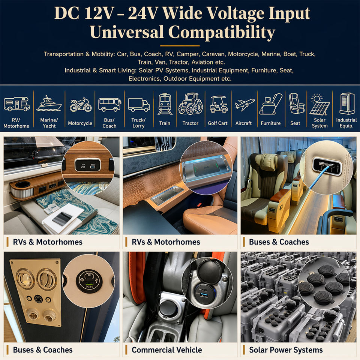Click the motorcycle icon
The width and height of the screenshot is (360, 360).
[x=80, y=105]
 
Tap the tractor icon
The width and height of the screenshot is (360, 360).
[x=190, y=103]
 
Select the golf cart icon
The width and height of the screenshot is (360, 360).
[x=218, y=105]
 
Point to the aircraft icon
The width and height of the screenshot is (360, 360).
[x=244, y=105]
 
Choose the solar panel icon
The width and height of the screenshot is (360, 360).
[x=319, y=105]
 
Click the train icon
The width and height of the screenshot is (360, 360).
[x=165, y=103]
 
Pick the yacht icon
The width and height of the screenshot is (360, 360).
[x=49, y=103]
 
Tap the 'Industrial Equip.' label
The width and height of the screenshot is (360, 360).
[x=346, y=123]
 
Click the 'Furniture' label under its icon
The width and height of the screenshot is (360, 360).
[x=271, y=123]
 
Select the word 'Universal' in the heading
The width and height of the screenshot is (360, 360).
[x=126, y=32]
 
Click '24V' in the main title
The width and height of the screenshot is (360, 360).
[x=142, y=13]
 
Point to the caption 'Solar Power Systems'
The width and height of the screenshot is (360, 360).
[x=286, y=350]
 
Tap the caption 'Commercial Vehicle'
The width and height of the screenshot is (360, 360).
[x=166, y=350]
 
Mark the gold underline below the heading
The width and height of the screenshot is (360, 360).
[x=180, y=46]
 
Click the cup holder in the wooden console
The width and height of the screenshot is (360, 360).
[x=23, y=184]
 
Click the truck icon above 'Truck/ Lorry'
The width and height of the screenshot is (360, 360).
[x=139, y=105]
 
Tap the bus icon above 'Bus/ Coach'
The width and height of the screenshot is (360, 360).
[x=109, y=105]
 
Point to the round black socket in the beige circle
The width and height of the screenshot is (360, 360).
[x=89, y=281]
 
